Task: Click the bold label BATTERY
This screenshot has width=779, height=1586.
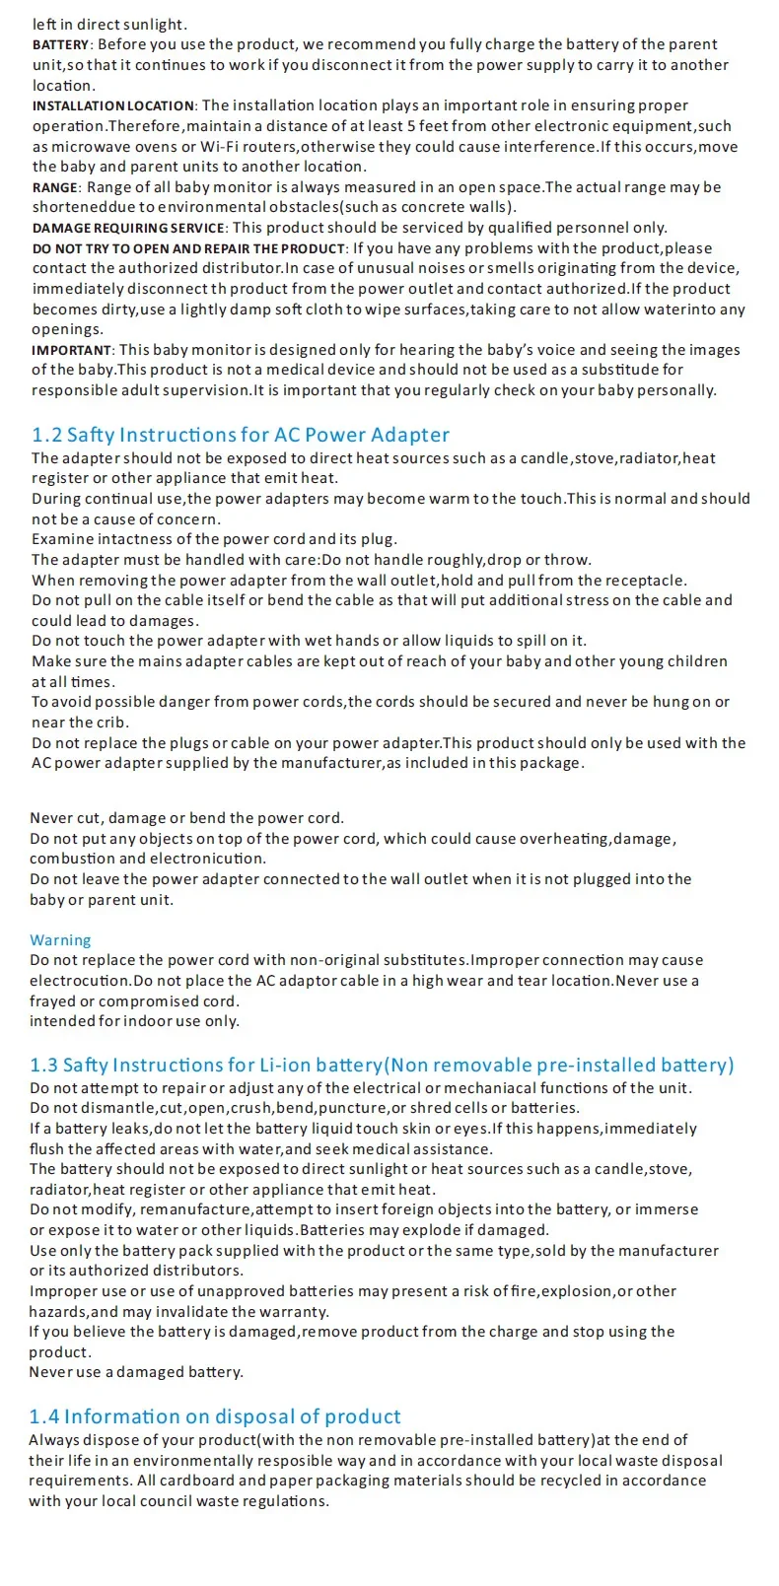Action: point(61,45)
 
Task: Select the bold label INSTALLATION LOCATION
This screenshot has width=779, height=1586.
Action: point(113,106)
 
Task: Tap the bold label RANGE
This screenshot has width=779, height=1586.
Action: point(54,187)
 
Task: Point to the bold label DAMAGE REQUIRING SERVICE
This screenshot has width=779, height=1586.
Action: point(128,229)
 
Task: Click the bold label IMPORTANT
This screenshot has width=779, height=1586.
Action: point(72,351)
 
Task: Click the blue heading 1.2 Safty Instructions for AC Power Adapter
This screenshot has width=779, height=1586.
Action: point(241,435)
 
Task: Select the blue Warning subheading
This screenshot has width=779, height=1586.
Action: point(60,940)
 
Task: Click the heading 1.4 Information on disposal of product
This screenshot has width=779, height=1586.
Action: point(215,1416)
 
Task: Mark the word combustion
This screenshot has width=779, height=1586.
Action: point(74,859)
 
